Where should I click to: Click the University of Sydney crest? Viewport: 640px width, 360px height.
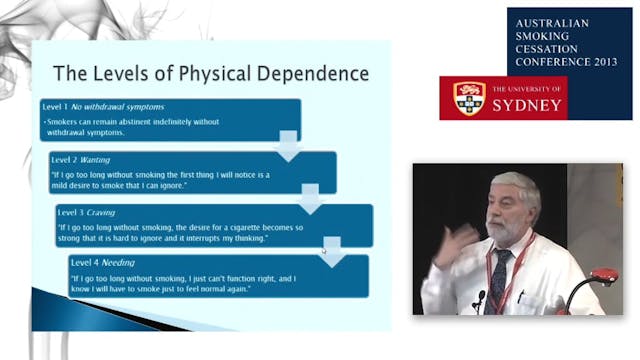469,98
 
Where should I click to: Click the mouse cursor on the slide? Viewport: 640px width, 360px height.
322,250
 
